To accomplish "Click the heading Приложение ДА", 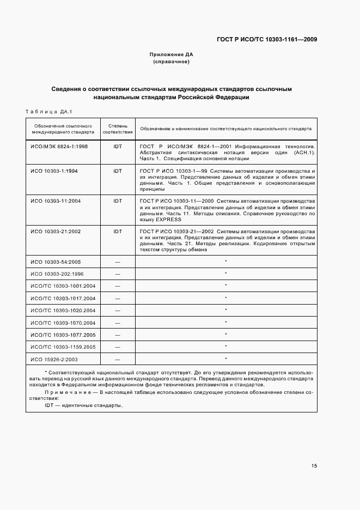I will coord(172,55).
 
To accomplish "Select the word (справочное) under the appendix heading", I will coord(172,62).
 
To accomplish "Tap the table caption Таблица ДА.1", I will coord(48,112).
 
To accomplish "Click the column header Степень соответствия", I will coord(118,129).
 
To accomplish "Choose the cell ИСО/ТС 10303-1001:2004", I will coord(63,286).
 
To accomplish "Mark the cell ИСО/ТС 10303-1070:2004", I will coord(63,323).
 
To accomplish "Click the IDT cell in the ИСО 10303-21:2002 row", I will coord(118,232).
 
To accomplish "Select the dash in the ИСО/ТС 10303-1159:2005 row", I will coord(118,347).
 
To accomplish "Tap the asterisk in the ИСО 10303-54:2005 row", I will coord(225,262).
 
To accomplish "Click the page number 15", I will coord(314,465).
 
